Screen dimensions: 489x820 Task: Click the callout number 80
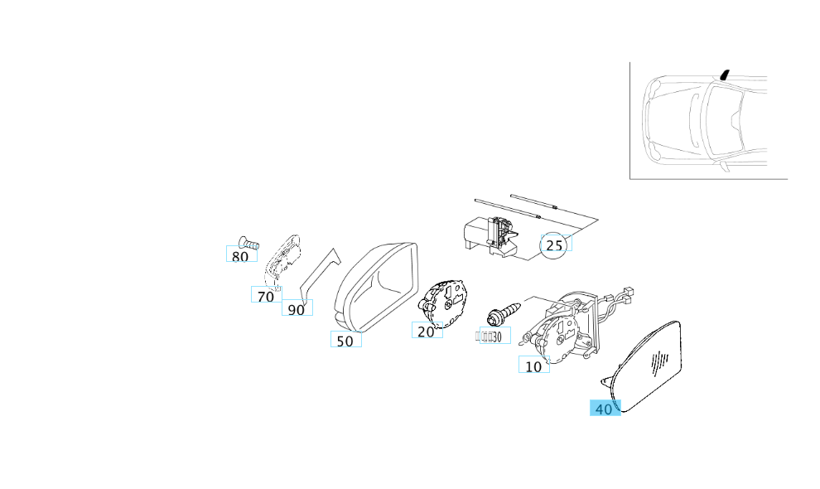point(239,256)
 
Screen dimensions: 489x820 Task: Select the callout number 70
point(265,296)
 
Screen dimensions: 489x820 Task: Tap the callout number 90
point(296,309)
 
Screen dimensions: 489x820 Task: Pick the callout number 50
point(345,340)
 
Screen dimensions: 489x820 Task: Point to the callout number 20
point(426,331)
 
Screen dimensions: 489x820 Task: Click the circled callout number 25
point(554,244)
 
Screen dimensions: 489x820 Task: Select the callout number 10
point(533,366)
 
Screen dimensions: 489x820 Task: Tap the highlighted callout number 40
point(605,409)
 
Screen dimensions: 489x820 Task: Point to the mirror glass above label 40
point(651,365)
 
